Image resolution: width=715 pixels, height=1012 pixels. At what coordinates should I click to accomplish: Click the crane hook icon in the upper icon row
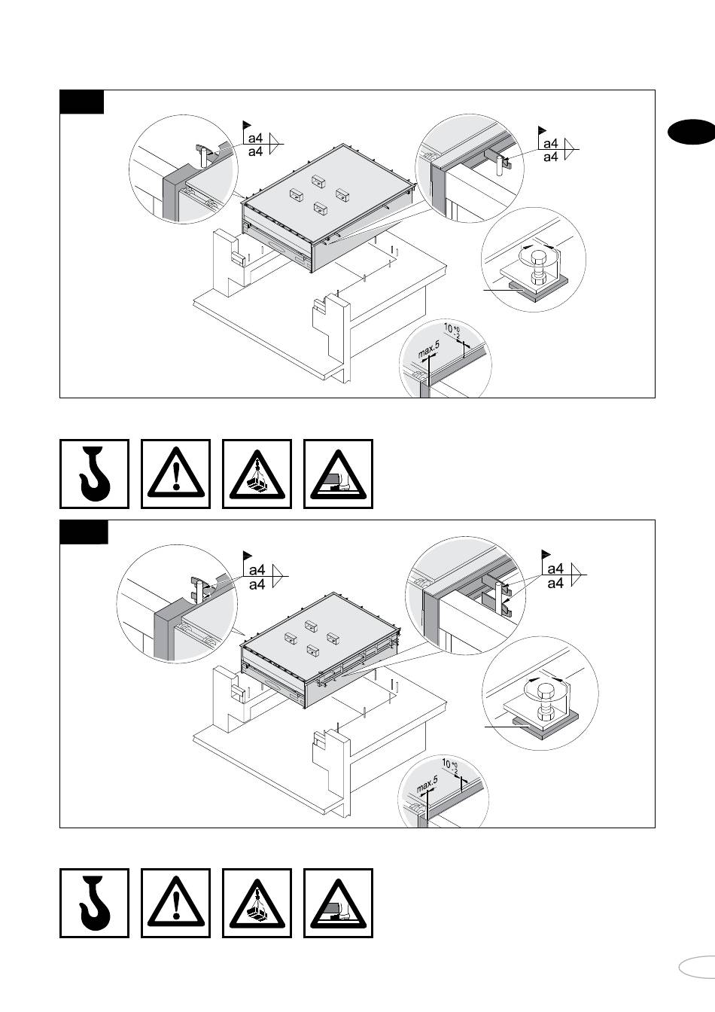pos(94,474)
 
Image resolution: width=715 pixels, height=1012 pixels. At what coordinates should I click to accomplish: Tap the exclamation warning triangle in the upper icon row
pos(175,474)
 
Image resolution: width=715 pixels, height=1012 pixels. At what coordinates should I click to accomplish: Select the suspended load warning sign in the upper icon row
pos(257,474)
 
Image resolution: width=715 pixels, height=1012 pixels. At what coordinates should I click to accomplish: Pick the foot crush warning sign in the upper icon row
pos(338,474)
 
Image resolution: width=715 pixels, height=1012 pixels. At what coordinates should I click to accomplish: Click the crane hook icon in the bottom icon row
pos(94,903)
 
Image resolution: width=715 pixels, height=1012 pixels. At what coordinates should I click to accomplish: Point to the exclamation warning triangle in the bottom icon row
pos(175,903)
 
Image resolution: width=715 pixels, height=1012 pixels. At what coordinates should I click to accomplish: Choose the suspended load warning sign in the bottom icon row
pos(257,903)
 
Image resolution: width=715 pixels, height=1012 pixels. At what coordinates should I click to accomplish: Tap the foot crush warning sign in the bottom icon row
pos(338,903)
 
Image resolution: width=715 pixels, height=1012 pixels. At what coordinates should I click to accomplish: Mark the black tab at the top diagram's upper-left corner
pos(81,102)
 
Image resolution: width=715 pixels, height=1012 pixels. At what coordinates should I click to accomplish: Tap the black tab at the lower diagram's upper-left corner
pos(84,531)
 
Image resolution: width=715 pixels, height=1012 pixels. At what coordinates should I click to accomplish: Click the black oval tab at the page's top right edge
pos(691,132)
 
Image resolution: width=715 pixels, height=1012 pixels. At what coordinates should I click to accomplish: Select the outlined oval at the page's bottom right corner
pos(697,967)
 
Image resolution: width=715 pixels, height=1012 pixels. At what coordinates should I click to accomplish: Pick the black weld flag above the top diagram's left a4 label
pos(246,124)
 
